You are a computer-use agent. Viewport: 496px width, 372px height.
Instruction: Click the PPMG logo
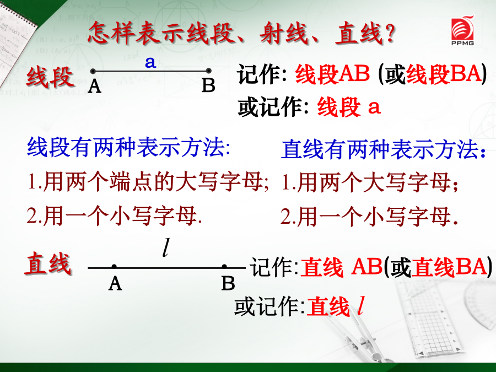[x=462, y=30]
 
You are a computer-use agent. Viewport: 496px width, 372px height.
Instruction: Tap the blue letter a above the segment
[x=150, y=62]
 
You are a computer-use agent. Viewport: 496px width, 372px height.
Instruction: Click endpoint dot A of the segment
[x=93, y=71]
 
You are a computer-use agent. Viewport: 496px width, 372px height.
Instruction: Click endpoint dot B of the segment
[x=208, y=71]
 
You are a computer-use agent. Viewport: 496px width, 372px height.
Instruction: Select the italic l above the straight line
[x=166, y=247]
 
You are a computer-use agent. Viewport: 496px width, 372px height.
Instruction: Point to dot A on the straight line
[x=114, y=267]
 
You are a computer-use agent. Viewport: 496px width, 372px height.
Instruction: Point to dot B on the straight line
[x=224, y=267]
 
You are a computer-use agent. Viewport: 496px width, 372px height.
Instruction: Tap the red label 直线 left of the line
[x=48, y=263]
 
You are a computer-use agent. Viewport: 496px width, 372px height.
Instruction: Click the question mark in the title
[x=390, y=33]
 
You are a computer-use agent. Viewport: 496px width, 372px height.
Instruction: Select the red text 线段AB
[x=332, y=74]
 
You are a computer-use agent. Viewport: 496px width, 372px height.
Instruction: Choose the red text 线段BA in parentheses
[x=444, y=74]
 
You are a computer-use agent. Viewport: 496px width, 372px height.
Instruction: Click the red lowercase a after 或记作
[x=374, y=107]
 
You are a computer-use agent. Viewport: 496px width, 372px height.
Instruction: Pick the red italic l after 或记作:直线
[x=360, y=306]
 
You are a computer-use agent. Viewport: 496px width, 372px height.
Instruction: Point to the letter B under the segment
[x=208, y=85]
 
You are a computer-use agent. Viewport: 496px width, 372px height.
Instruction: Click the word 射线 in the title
[x=284, y=33]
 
